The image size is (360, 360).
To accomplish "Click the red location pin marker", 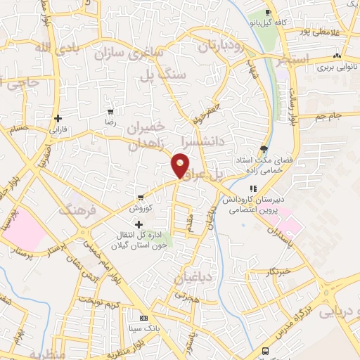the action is point(181,165).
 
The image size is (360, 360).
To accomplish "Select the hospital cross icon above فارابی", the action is point(57,118).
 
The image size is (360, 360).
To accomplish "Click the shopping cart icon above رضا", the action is point(110,112).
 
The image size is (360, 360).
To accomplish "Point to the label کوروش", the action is point(140,208).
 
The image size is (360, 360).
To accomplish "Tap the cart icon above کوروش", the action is point(141,197).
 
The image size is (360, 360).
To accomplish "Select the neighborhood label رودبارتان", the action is point(219,48).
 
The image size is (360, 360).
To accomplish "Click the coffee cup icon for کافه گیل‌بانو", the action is point(269,13).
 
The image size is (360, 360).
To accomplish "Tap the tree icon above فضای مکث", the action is point(264,148).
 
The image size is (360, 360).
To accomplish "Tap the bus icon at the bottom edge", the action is point(265,351).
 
